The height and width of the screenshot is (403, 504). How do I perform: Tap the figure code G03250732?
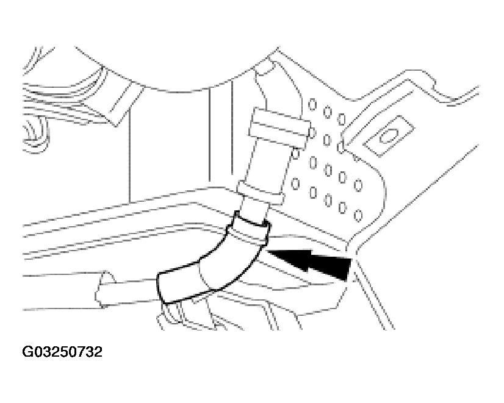62,352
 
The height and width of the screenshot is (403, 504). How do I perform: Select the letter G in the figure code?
27,352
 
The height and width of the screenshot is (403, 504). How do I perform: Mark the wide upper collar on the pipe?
279,127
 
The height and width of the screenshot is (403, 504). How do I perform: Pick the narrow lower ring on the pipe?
261,193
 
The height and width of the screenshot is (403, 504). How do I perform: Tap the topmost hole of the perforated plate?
312,104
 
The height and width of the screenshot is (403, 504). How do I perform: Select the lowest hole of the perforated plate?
358,215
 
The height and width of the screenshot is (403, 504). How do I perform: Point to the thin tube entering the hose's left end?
129,291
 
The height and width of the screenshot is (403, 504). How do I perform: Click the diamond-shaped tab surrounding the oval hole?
388,136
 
